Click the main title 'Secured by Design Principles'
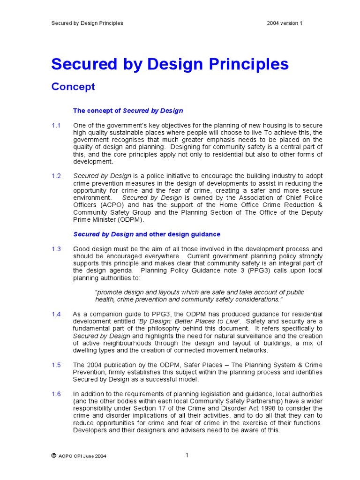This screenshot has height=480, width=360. click(170, 64)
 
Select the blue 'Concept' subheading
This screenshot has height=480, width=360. click(73, 87)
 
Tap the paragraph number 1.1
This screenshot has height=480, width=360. click(56, 126)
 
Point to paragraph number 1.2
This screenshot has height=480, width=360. click(56, 176)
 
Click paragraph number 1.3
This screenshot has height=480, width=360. click(56, 249)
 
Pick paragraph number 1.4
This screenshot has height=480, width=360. click(56, 314)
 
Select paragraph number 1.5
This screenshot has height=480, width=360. click(56, 365)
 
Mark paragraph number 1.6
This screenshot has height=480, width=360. click(56, 394)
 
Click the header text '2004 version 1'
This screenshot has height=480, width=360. click(285, 23)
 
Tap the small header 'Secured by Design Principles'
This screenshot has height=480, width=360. click(87, 23)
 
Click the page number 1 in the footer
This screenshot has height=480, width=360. click(187, 455)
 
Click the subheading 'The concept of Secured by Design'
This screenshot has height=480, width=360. click(128, 111)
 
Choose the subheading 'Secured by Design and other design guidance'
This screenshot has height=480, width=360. click(147, 234)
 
